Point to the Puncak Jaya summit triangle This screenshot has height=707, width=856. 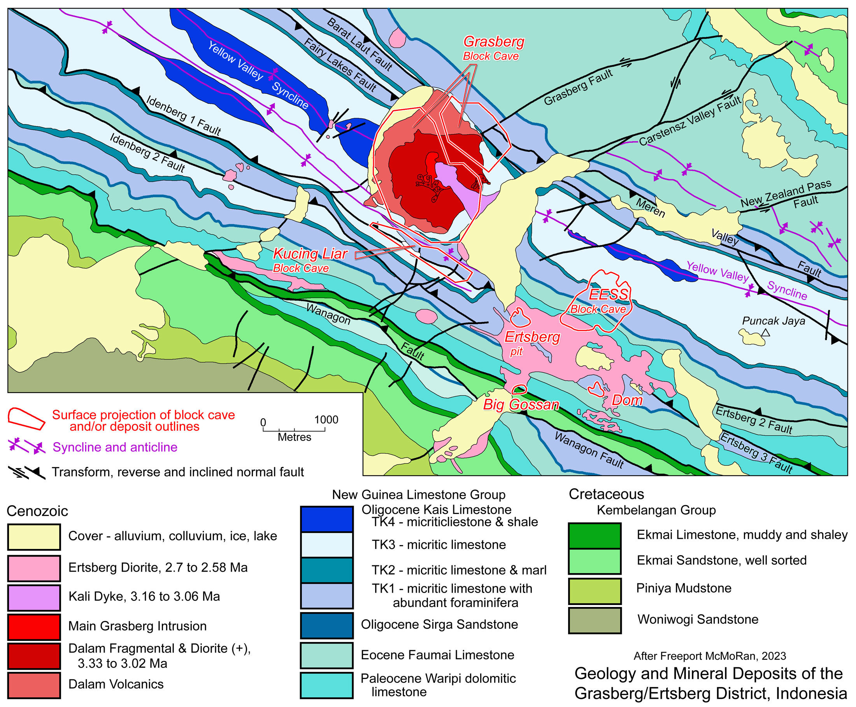tap(765, 333)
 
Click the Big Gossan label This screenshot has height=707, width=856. tap(521, 404)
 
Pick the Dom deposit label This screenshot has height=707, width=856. tap(627, 400)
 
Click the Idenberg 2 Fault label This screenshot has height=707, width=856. tap(147, 152)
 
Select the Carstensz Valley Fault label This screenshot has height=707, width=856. tap(689, 121)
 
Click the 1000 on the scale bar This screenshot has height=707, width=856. tap(326, 419)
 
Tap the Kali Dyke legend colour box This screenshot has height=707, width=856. tap(34, 597)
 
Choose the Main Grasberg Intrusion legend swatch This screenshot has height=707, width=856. tap(34, 626)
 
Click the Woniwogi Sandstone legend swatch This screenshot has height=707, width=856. tap(595, 620)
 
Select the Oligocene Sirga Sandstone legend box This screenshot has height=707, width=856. tap(326, 625)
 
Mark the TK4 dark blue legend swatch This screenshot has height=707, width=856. tap(326, 519)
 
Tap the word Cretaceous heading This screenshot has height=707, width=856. tap(606, 494)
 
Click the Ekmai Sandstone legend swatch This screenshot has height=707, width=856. tap(595, 561)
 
